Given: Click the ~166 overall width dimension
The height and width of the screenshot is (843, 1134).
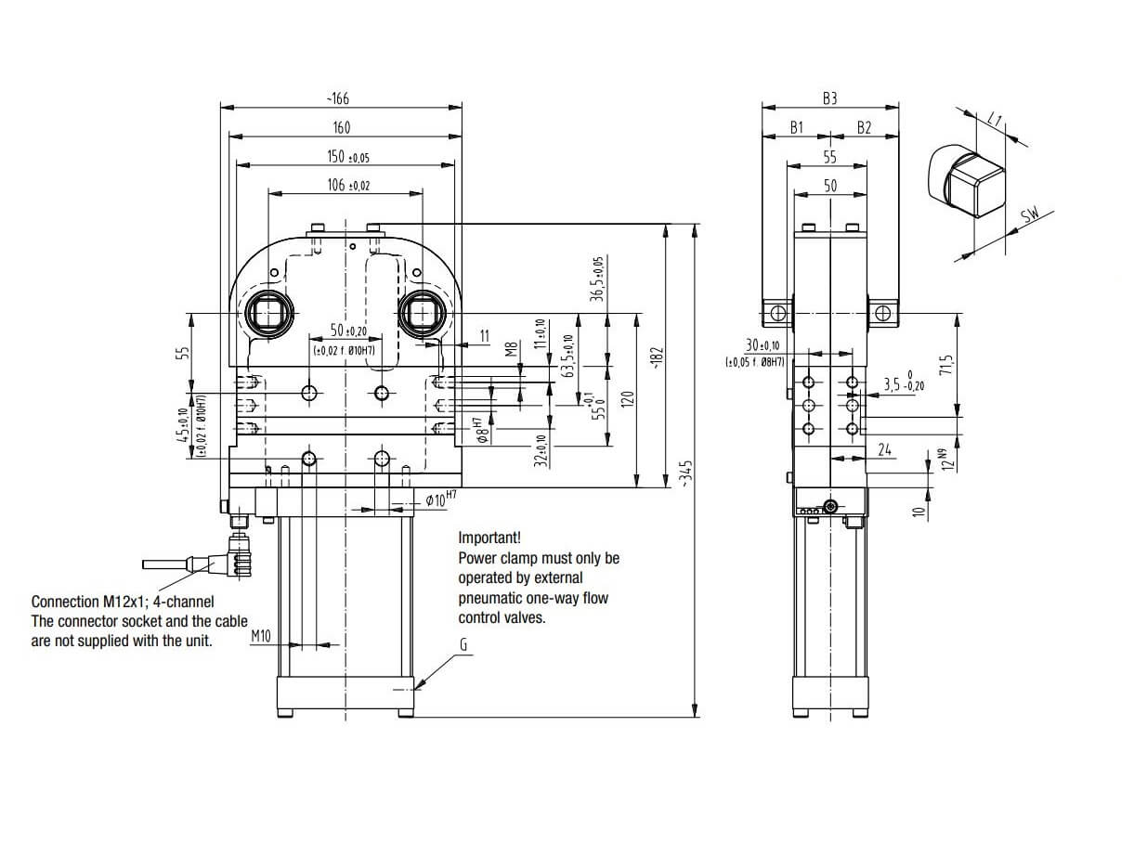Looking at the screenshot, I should point(337,98).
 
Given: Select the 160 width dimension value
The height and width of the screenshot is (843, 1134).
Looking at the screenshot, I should point(341,127).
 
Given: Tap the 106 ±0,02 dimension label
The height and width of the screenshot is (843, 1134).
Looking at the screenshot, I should point(347,185).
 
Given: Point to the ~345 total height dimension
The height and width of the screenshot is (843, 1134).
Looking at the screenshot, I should point(686,473).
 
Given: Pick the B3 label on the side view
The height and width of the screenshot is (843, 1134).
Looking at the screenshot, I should point(829,98).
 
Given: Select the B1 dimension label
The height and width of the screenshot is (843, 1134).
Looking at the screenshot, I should point(796,127).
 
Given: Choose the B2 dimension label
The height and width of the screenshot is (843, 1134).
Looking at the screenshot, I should point(864,127).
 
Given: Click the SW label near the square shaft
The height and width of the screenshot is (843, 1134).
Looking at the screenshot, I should point(1030,216).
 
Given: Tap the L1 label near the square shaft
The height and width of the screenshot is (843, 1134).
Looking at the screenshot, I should point(996,118).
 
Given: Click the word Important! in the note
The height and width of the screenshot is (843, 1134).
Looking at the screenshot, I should point(489,538).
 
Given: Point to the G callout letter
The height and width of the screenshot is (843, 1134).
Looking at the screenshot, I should point(462,643).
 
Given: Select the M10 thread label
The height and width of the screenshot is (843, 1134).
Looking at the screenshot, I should point(261,636).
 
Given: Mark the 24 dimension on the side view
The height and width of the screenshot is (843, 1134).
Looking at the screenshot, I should point(884,449).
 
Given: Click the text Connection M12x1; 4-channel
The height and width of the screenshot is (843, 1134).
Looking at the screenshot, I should point(122,602).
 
